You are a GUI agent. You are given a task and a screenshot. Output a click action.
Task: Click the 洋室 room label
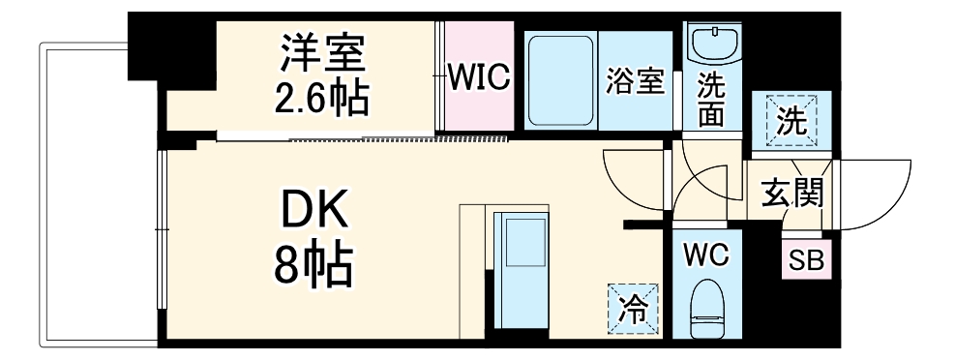pos(323,53)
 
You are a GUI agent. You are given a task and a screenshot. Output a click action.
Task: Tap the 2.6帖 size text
pos(323,97)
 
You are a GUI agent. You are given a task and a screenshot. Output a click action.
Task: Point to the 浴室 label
pos(636,81)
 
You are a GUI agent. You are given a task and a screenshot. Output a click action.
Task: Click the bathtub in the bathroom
pos(560,78)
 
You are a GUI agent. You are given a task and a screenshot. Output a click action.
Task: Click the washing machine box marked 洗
pos(791,123)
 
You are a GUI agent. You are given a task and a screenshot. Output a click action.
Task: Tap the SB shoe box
pos(802,260)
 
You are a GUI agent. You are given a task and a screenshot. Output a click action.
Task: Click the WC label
pos(708,255)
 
